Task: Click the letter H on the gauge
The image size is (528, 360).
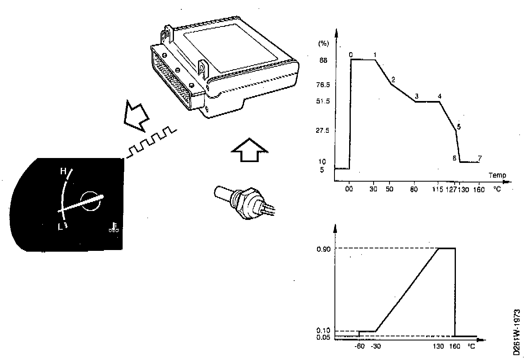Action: (x=63, y=171)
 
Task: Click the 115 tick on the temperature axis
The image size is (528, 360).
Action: (x=438, y=190)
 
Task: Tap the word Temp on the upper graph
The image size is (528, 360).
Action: (x=497, y=176)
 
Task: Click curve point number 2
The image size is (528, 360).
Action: (x=393, y=79)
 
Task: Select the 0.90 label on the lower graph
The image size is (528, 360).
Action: (x=324, y=248)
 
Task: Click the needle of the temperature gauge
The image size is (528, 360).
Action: (x=81, y=203)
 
